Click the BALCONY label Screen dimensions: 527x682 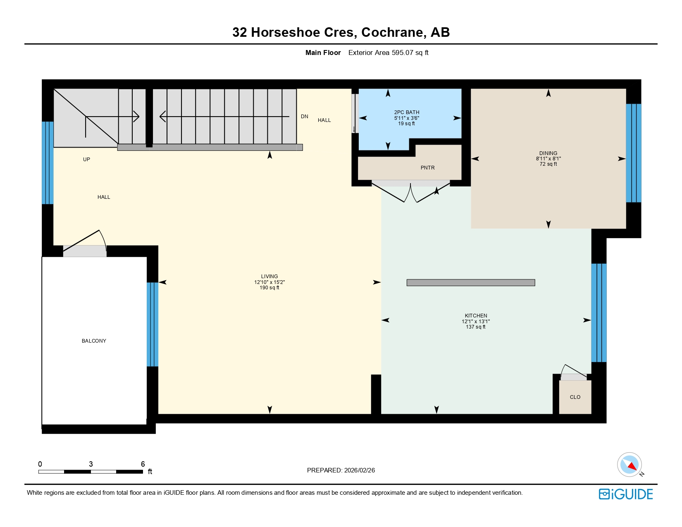click(x=94, y=341)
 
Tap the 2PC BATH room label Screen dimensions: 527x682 click(x=406, y=112)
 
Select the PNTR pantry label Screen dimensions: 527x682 click(x=427, y=168)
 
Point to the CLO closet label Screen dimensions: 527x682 click(x=575, y=397)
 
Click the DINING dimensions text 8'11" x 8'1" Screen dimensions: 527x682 click(x=548, y=159)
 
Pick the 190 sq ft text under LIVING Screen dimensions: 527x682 click(x=269, y=288)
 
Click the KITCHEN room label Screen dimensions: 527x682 click(x=476, y=316)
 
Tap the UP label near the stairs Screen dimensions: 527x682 click(x=86, y=160)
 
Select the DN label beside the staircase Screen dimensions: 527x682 click(x=304, y=117)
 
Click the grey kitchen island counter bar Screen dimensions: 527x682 click(x=470, y=283)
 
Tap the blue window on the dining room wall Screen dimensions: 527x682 click(x=633, y=153)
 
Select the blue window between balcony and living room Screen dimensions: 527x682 click(x=153, y=324)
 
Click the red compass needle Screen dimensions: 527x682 click(x=632, y=467)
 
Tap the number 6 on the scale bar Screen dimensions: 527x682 click(x=143, y=464)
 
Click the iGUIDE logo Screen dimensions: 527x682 click(x=625, y=494)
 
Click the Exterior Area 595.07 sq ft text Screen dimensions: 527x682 click(x=388, y=53)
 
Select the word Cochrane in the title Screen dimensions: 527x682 click(x=393, y=32)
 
